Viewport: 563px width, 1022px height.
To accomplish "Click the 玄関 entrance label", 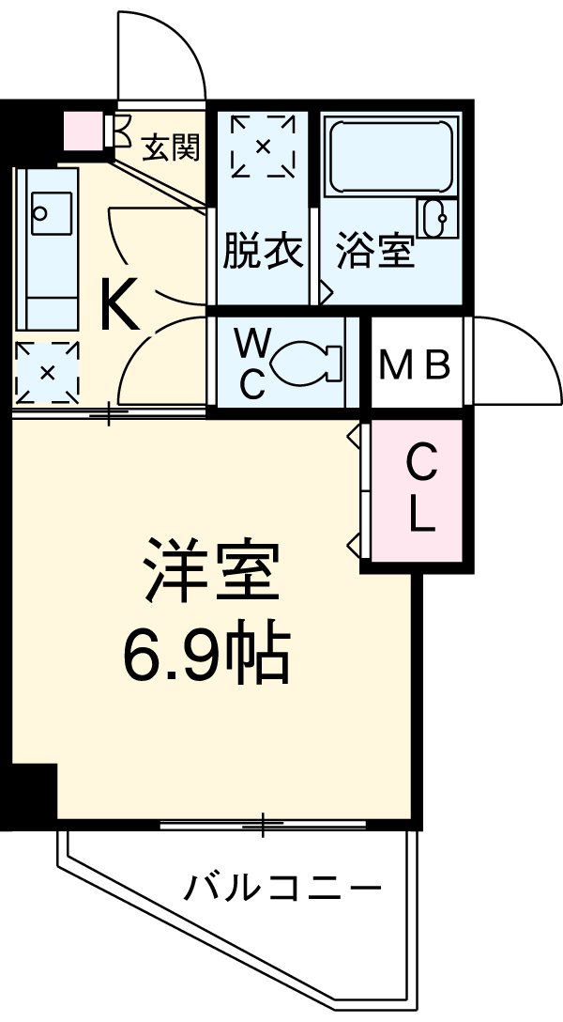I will tap(171, 147).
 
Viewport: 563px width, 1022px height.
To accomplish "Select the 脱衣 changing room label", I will tap(263, 252).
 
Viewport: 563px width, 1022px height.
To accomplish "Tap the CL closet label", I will tap(421, 488).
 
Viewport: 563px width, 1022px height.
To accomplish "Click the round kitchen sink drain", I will tap(38, 212).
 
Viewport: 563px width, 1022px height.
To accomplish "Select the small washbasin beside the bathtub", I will tap(436, 220).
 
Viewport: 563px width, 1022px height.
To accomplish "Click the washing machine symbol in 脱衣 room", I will tap(263, 145).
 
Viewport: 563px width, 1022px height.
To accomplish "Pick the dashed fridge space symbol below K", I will tap(46, 372).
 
